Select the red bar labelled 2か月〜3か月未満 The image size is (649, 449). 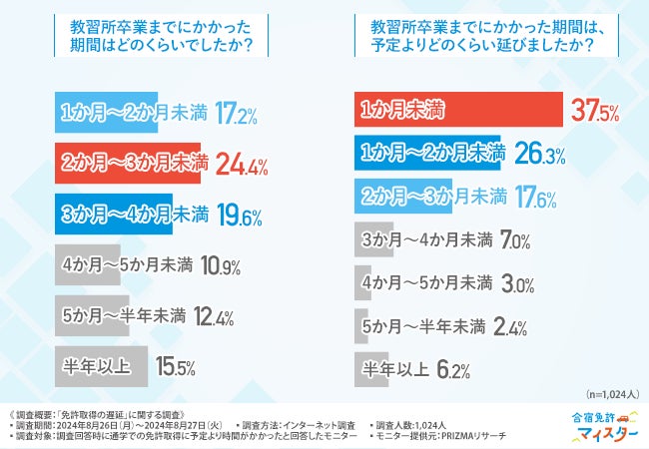[x=129, y=162]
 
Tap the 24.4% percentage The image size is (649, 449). [x=242, y=163]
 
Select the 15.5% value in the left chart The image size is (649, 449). [x=175, y=367]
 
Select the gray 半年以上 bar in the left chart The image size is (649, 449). [x=100, y=367]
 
